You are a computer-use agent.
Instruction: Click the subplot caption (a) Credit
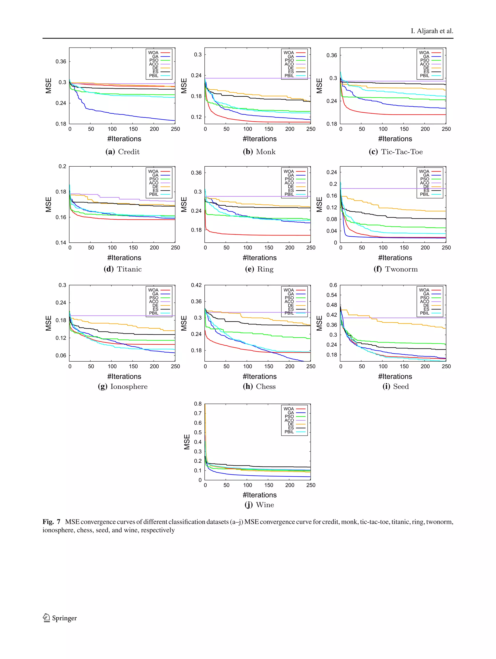[123, 152]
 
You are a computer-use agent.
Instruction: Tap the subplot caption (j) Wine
[259, 505]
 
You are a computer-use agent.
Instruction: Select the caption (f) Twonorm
[395, 269]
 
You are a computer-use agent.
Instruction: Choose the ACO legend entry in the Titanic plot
[158, 183]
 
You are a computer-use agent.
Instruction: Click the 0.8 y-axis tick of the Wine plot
[198, 404]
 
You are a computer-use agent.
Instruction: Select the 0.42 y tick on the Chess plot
[196, 285]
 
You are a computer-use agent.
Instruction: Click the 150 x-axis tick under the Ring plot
[268, 248]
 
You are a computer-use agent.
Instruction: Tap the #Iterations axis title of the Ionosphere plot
[124, 376]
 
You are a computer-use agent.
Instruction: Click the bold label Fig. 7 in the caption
[51, 522]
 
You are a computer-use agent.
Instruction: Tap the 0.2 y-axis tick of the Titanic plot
[62, 166]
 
